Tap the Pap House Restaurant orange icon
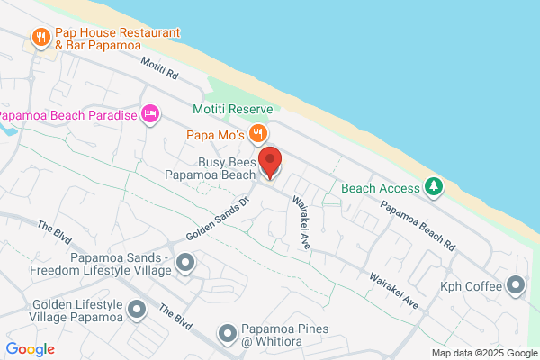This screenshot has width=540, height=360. pyautogui.click(x=40, y=38)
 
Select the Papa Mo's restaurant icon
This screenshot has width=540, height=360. pyautogui.click(x=258, y=135)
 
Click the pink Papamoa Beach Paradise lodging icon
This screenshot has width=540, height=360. pyautogui.click(x=150, y=115)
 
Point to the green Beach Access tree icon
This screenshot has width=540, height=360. pyautogui.click(x=434, y=186)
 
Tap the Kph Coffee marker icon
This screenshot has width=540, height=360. pyautogui.click(x=516, y=286)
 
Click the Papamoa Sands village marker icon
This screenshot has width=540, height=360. pyautogui.click(x=185, y=263)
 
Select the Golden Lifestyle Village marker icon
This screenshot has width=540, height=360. pyautogui.click(x=137, y=310)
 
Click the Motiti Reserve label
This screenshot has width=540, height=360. pyautogui.click(x=232, y=109)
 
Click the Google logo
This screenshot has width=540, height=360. pyautogui.click(x=30, y=348)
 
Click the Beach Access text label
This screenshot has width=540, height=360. pyautogui.click(x=381, y=188)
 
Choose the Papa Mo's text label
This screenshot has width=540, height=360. pyautogui.click(x=217, y=135)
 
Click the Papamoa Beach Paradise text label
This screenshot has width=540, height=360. pyautogui.click(x=67, y=115)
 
